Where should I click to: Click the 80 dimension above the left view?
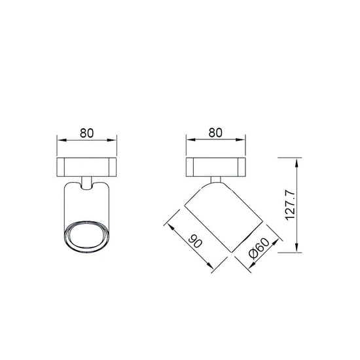[87, 133]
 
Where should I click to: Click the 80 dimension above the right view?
[215, 133]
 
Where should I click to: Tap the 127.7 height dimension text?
[290, 206]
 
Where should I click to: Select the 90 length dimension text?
[196, 241]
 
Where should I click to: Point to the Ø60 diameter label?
[259, 249]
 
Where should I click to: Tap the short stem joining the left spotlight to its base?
[87, 183]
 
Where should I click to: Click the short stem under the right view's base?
[215, 179]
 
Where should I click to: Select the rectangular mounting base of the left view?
[87, 167]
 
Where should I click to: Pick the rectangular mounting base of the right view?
[215, 167]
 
